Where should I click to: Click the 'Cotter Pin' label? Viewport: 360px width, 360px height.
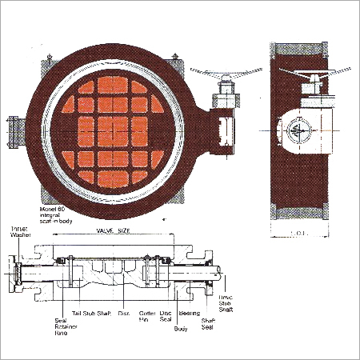[146, 316]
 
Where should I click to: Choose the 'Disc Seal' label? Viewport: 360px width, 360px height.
[166, 316]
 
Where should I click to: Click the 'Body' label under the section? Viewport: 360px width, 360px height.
[181, 328]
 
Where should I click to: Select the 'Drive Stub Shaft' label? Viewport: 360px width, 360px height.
[228, 303]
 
